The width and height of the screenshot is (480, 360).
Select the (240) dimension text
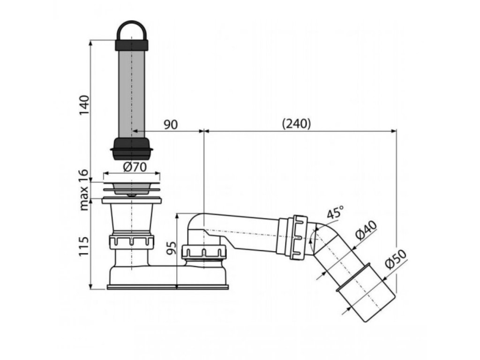coord(297,124)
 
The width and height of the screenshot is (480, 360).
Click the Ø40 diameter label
coord(367,232)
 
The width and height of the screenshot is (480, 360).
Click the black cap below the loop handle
coord(131,45)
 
